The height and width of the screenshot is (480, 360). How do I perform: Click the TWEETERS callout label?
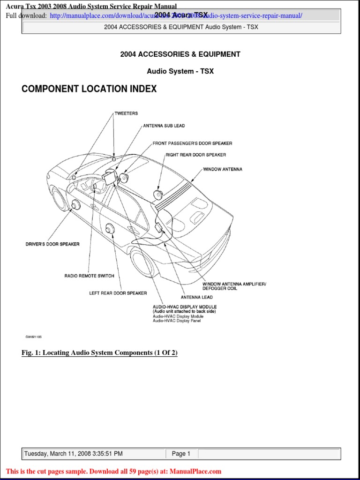click(126, 113)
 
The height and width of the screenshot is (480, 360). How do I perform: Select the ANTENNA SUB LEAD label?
click(164, 126)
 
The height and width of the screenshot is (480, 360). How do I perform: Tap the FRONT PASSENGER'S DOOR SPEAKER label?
click(192, 143)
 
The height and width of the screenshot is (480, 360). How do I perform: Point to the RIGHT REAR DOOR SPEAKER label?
click(195, 155)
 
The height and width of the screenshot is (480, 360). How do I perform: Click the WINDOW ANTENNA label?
click(223, 169)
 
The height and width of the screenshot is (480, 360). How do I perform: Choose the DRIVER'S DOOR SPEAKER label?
click(52, 244)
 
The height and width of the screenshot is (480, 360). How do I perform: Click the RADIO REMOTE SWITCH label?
click(89, 276)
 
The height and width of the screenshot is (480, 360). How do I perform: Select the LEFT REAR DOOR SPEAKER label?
click(118, 293)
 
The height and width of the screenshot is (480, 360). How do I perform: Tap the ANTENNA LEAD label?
click(197, 297)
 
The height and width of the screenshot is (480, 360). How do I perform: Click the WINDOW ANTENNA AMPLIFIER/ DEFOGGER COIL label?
click(234, 286)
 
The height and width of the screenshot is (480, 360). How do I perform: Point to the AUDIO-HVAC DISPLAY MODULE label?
click(185, 307)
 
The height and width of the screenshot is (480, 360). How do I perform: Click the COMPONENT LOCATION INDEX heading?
click(89, 89)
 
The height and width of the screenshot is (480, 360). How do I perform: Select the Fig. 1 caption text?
click(99, 353)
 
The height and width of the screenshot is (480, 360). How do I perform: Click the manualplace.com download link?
click(176, 16)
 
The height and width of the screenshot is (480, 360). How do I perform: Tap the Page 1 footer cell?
click(181, 454)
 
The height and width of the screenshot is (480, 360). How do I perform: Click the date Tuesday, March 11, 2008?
click(73, 454)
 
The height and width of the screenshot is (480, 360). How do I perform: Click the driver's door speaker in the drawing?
click(75, 204)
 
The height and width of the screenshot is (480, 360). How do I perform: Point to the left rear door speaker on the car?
click(110, 228)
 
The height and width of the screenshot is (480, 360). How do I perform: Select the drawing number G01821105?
click(34, 337)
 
